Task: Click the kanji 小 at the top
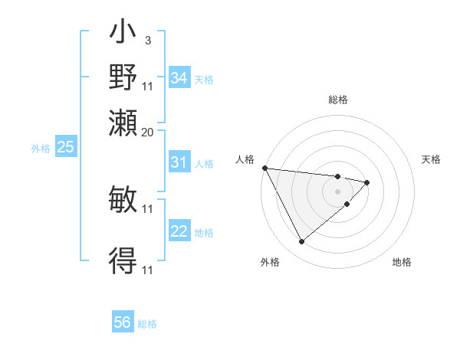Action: (123, 34)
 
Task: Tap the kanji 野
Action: (123, 77)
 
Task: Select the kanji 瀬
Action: (123, 123)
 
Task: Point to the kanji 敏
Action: (123, 201)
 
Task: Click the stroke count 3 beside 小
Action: (147, 41)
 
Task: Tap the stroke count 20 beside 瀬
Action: (148, 132)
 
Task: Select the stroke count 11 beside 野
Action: (148, 86)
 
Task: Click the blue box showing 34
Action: (179, 77)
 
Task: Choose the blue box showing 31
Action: (179, 162)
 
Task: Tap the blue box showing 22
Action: (179, 232)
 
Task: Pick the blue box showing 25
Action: (65, 147)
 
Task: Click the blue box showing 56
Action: (122, 322)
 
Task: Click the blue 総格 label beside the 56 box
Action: (147, 324)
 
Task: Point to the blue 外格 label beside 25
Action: (41, 149)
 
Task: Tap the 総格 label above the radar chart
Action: (338, 100)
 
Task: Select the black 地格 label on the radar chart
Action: (402, 262)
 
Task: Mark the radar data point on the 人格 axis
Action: (264, 168)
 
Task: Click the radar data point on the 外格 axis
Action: (301, 242)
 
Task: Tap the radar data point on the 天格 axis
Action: (367, 182)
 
